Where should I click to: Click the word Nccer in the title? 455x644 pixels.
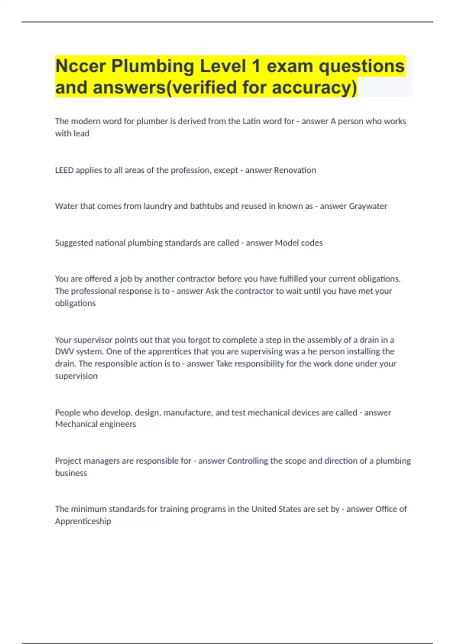point(80,66)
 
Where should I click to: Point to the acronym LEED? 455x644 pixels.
point(64,170)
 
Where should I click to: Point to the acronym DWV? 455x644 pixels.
point(64,352)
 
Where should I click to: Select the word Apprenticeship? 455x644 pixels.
point(83,521)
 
